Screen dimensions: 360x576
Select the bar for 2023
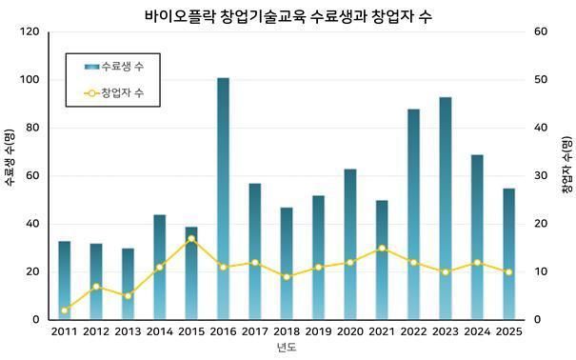tap(446, 209)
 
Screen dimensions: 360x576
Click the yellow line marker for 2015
tap(191, 238)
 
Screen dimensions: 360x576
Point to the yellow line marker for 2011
tap(65, 310)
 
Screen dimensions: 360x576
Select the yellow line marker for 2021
tap(382, 249)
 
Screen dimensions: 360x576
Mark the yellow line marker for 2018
tap(287, 277)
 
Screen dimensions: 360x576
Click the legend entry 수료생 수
tap(122, 67)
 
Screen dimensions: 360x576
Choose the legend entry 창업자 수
tap(122, 92)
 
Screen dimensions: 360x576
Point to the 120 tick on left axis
tap(30, 32)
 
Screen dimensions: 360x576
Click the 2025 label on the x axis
tap(508, 332)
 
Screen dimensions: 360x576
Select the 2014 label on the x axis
tap(160, 332)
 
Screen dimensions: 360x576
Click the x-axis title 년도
tap(286, 349)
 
